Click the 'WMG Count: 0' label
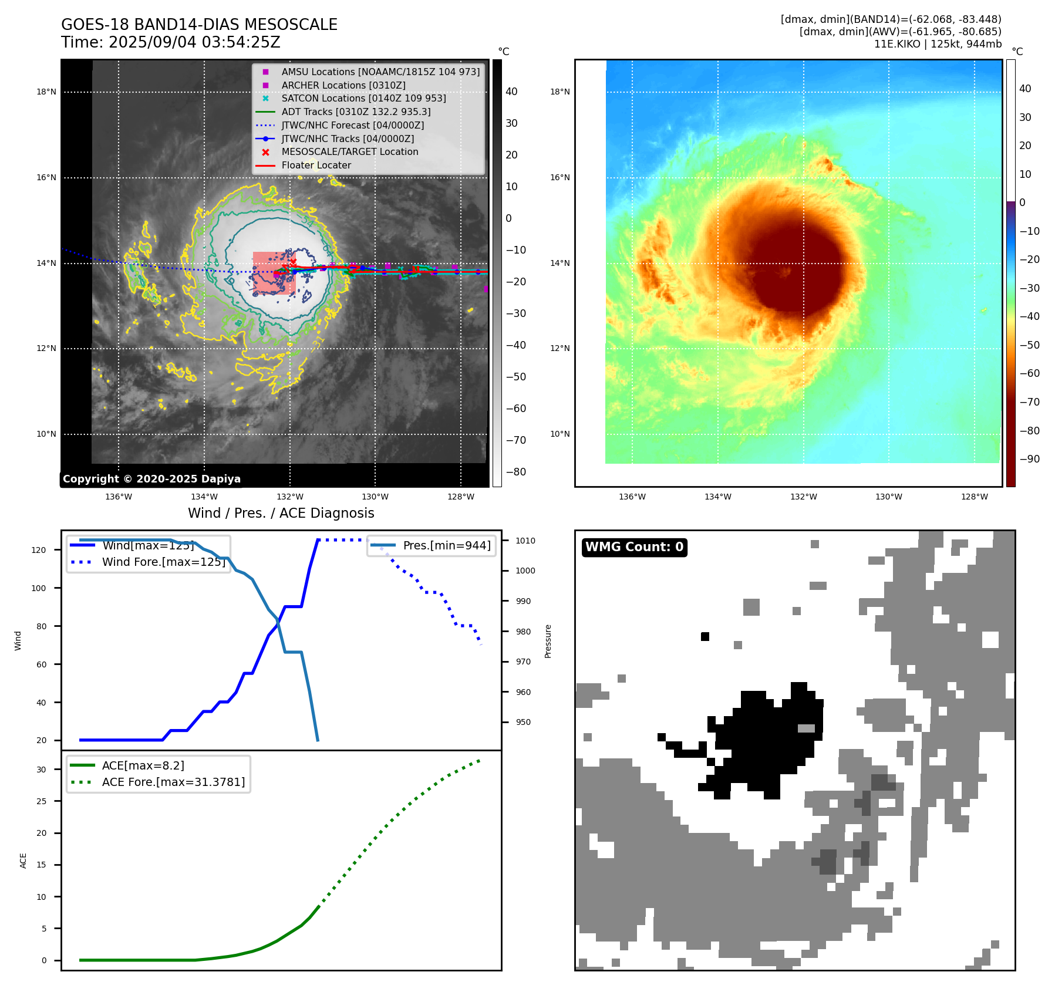tap(634, 547)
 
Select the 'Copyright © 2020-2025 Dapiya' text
tap(151, 479)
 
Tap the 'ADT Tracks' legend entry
tap(356, 112)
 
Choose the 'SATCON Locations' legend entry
tap(363, 98)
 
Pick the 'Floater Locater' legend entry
tap(316, 165)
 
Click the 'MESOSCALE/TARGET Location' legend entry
tap(350, 151)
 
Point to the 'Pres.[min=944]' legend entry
tap(447, 545)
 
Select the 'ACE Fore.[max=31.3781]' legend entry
tap(173, 782)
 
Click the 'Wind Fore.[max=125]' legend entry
tap(164, 562)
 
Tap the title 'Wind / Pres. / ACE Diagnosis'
tap(281, 513)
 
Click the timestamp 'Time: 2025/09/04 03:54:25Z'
tap(171, 43)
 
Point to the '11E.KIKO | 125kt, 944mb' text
tap(938, 44)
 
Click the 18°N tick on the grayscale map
tap(46, 92)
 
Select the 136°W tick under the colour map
tap(632, 497)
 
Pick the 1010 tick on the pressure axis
tap(525, 541)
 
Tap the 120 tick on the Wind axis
tap(39, 550)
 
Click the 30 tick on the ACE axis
tap(41, 770)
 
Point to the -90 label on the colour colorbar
tap(1029, 459)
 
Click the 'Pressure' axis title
tap(548, 641)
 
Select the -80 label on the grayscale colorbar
tap(516, 472)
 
